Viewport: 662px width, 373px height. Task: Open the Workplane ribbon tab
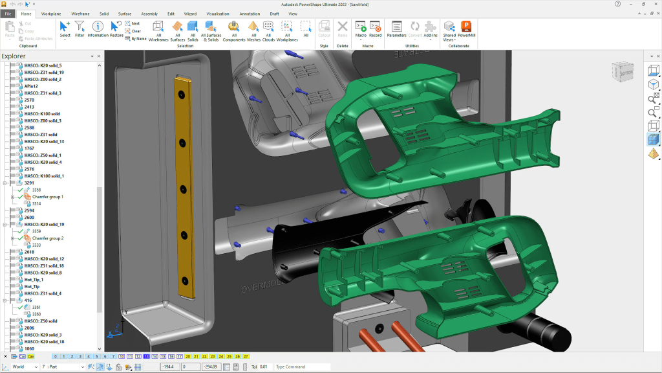tap(51, 13)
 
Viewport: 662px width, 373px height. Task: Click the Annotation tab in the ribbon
tap(250, 13)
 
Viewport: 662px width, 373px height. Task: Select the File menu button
tap(8, 13)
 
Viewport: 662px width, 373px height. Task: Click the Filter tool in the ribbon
tap(80, 29)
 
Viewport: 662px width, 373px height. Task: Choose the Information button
tap(98, 29)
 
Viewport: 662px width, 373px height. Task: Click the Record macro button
tap(375, 29)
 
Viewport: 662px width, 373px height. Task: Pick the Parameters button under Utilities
tap(396, 29)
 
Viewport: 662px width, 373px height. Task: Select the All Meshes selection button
tap(253, 29)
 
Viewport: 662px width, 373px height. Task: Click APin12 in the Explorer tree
tap(31, 86)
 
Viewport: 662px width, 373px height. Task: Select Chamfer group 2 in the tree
tap(47, 238)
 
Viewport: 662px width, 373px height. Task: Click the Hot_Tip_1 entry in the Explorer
tap(34, 280)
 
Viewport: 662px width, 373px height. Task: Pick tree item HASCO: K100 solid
tap(41, 114)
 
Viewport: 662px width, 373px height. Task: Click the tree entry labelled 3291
tap(29, 183)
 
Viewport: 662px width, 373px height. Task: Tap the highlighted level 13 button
tap(147, 356)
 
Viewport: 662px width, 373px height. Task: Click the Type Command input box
tap(301, 367)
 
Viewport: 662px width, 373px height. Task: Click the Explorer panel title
tap(14, 56)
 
